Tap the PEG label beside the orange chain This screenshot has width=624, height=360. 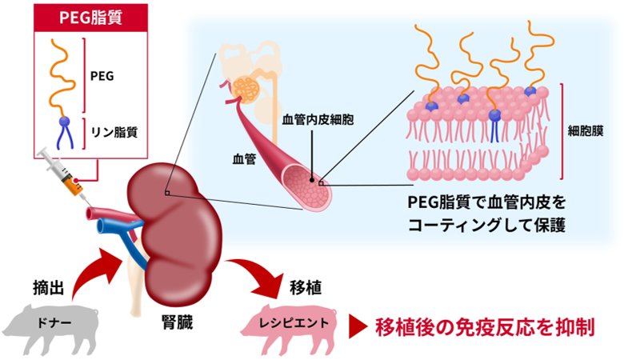click(x=103, y=76)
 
